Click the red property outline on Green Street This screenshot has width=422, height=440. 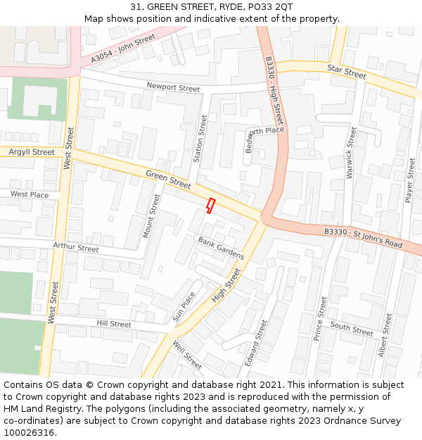click(x=210, y=204)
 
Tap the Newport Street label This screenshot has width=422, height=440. click(x=173, y=87)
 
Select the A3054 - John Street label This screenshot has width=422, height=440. click(x=123, y=50)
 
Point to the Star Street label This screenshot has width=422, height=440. click(x=347, y=70)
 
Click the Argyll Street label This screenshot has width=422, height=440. click(x=32, y=152)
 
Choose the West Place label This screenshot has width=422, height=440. click(x=30, y=194)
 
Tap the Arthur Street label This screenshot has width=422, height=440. click(x=76, y=248)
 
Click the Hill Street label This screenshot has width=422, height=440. click(x=114, y=325)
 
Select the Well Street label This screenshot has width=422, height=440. click(x=187, y=355)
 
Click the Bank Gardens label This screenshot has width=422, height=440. click(x=221, y=248)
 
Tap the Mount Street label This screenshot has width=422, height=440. click(x=151, y=215)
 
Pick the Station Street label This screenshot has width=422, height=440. click(x=199, y=139)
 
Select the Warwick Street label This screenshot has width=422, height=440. click(x=352, y=152)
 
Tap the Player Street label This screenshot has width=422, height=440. click(x=410, y=180)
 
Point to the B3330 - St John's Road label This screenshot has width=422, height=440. click(x=363, y=237)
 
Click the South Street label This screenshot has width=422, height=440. click(x=352, y=329)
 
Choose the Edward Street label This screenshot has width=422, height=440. click(x=255, y=342)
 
